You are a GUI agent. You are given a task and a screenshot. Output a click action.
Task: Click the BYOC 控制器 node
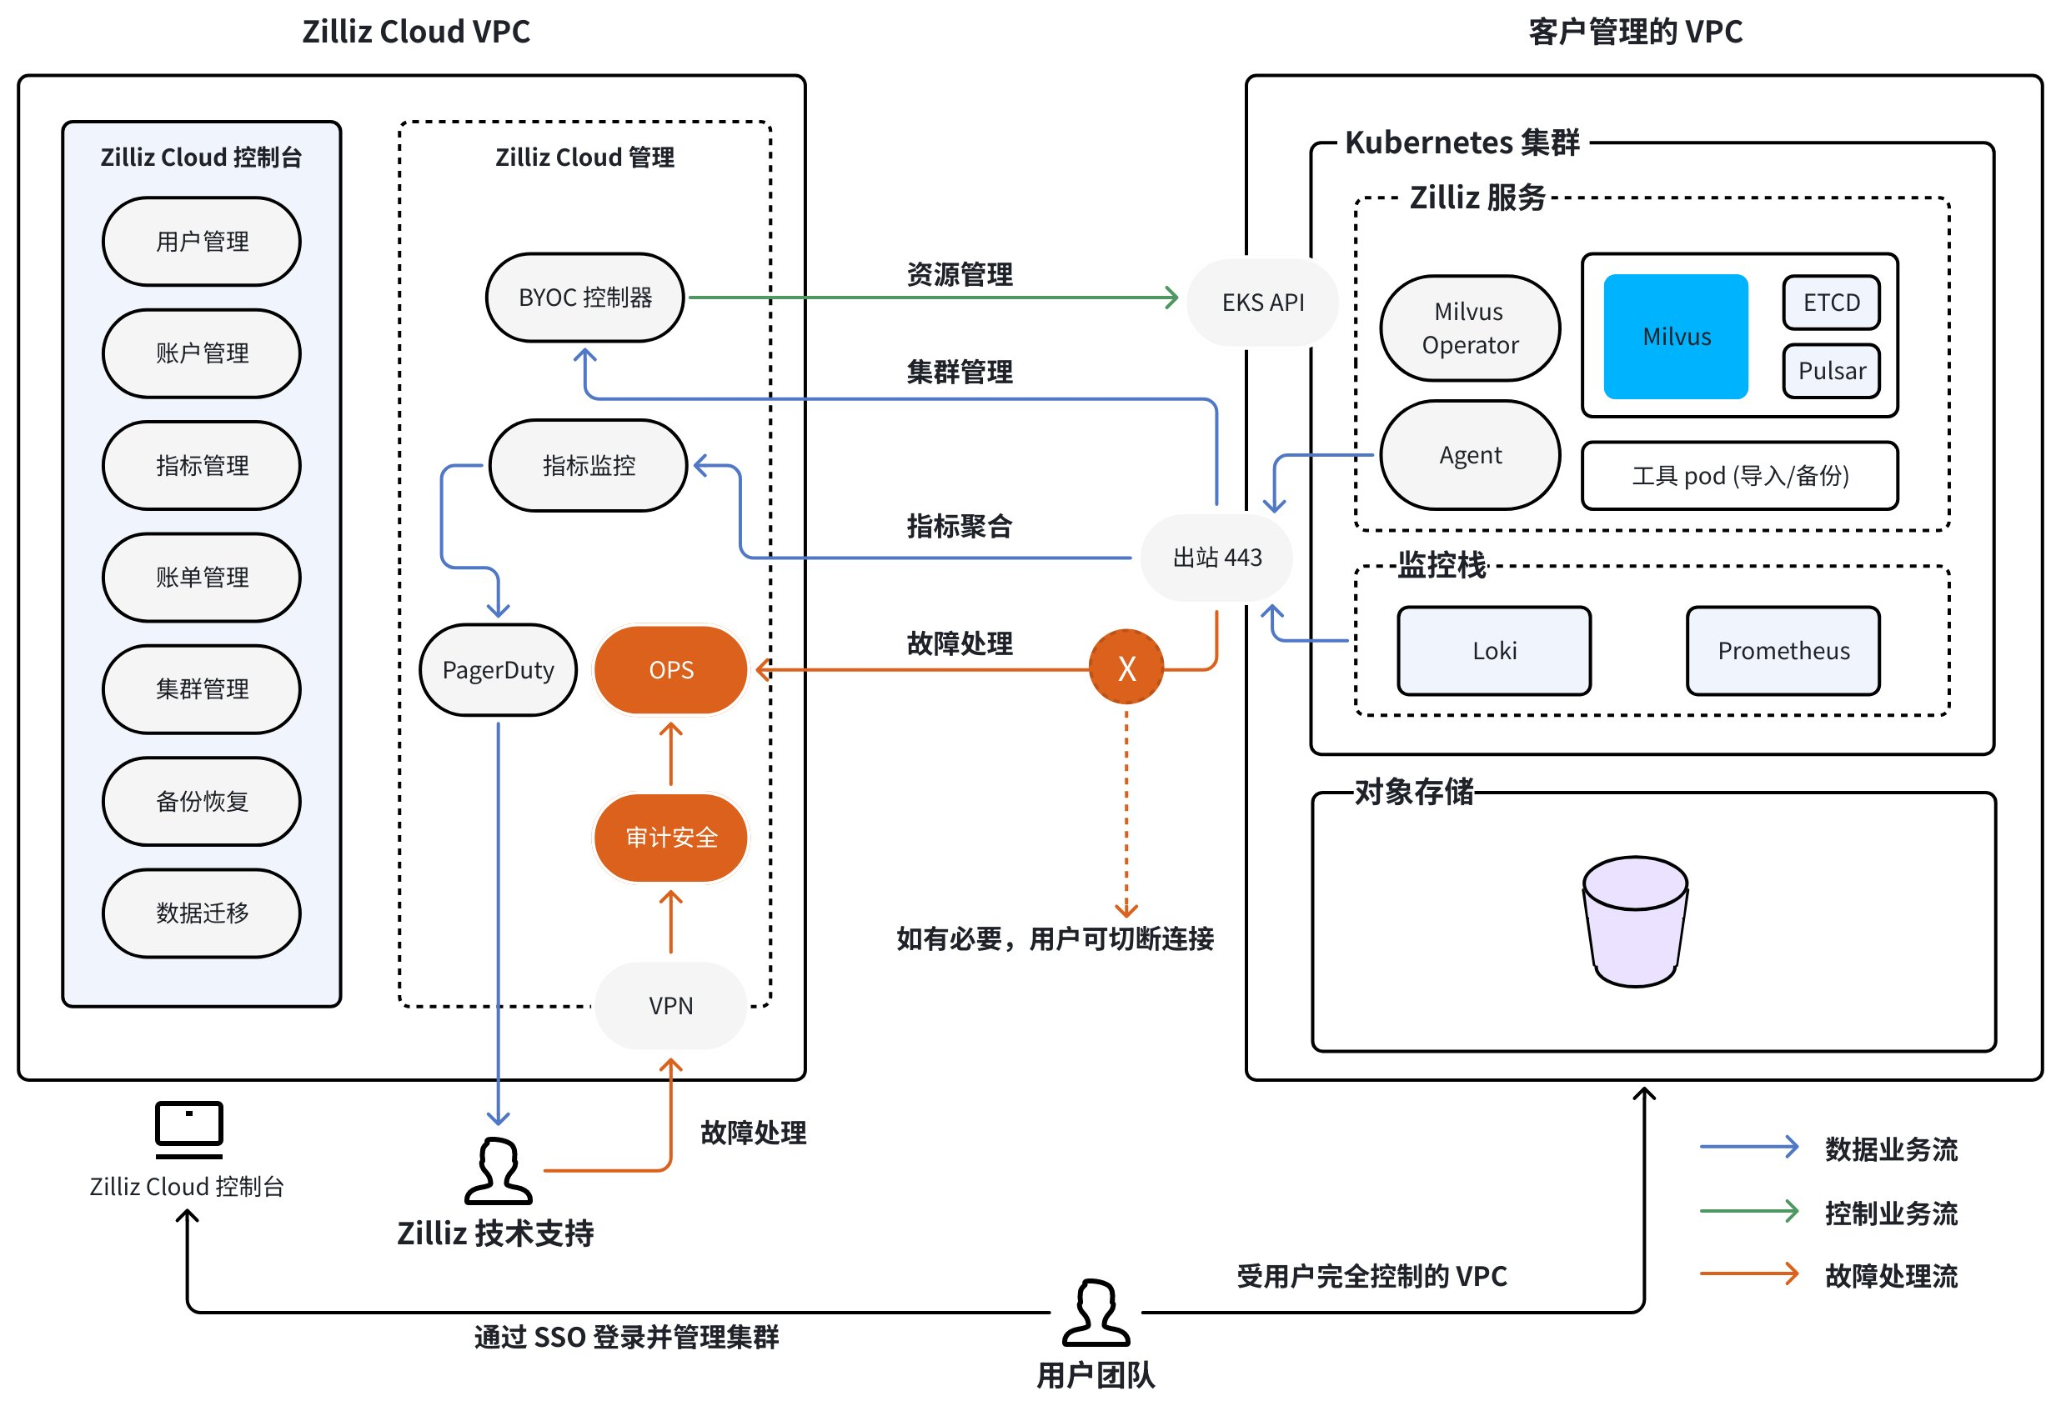pyautogui.click(x=584, y=298)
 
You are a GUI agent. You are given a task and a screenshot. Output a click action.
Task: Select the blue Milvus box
pyautogui.click(x=1675, y=337)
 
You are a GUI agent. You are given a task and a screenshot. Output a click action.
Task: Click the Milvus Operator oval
pyautogui.click(x=1470, y=328)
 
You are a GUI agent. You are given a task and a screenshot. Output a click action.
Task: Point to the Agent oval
pyautogui.click(x=1470, y=455)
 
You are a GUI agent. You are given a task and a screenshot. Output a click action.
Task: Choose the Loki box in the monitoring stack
pyautogui.click(x=1493, y=651)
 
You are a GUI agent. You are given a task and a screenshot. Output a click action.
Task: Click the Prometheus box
pyautogui.click(x=1783, y=651)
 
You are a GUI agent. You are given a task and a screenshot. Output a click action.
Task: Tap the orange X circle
pyautogui.click(x=1126, y=668)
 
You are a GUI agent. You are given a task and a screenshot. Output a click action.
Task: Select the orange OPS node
pyautogui.click(x=670, y=669)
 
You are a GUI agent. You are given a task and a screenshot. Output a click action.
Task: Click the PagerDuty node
pyautogui.click(x=498, y=669)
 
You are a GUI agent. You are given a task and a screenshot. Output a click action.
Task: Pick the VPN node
pyautogui.click(x=670, y=1005)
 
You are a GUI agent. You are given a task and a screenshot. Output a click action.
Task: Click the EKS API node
pyautogui.click(x=1262, y=303)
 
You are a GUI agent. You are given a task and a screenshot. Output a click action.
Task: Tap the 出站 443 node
pyautogui.click(x=1216, y=557)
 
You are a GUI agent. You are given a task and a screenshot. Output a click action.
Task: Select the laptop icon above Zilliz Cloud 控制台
pyautogui.click(x=189, y=1128)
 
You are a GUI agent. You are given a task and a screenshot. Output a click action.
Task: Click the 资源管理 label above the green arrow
pyautogui.click(x=959, y=275)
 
